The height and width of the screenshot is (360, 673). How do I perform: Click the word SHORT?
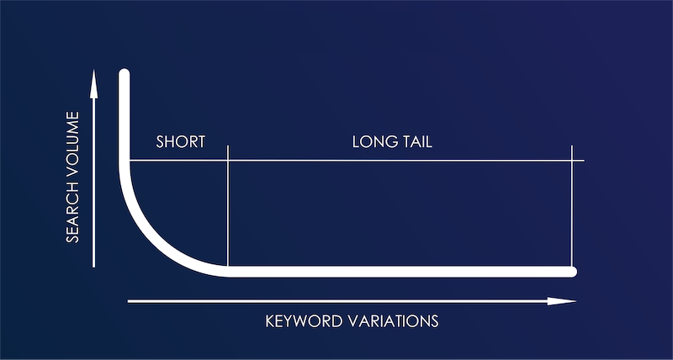click(x=180, y=141)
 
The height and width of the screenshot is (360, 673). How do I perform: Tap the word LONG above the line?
click(x=371, y=141)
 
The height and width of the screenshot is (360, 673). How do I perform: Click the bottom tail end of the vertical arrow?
click(x=94, y=266)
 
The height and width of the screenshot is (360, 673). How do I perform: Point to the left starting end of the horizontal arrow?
click(x=129, y=300)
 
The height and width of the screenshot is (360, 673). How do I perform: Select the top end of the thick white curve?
click(x=125, y=75)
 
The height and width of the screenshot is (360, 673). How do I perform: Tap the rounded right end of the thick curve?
click(x=572, y=271)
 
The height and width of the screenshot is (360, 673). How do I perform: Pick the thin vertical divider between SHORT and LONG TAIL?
click(x=228, y=210)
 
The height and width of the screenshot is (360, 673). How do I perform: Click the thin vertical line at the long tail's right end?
click(x=572, y=210)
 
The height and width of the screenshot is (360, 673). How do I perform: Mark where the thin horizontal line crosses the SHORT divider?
click(x=228, y=160)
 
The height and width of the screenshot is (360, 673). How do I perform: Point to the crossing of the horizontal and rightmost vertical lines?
click(x=572, y=160)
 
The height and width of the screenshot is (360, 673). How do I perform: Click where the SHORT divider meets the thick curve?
click(x=228, y=270)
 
